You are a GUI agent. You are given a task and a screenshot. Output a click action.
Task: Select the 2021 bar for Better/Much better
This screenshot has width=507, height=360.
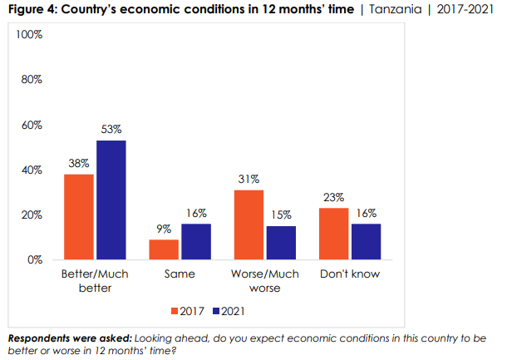coord(111,200)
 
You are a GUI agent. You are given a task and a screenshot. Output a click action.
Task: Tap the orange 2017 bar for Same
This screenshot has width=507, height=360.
coord(164,249)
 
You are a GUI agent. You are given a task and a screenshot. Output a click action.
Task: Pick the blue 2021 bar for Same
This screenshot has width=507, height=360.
coord(195,241)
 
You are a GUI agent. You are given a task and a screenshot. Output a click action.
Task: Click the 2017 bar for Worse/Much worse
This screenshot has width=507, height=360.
coord(249,224)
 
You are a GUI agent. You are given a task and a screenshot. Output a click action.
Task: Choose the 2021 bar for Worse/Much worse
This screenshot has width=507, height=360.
coord(280,242)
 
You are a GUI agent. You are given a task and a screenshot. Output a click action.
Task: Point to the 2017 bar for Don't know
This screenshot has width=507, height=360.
coord(333,233)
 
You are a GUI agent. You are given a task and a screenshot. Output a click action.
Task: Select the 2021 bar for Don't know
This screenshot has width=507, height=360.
coord(365,241)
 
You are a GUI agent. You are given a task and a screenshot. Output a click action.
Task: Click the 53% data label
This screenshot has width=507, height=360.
coord(111,129)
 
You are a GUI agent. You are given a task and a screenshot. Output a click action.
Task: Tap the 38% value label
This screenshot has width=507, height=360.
coord(79,163)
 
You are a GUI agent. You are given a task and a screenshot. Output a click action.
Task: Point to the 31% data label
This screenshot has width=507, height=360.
coord(249,179)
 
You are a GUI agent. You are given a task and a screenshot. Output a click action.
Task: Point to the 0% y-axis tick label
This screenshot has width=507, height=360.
coord(35,260)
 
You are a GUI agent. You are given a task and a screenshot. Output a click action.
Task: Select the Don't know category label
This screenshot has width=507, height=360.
coord(349,274)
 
